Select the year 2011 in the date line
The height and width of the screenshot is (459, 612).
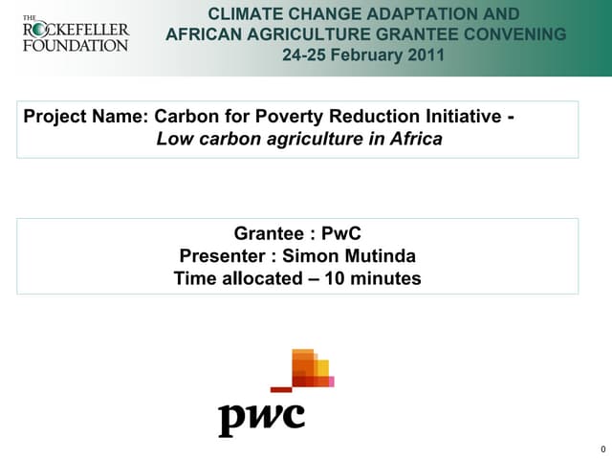426,55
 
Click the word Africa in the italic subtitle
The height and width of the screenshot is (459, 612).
414,140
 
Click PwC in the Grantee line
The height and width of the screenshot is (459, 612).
341,233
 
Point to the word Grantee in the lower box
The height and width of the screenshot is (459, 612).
271,233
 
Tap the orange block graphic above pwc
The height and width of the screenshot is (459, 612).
311,368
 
